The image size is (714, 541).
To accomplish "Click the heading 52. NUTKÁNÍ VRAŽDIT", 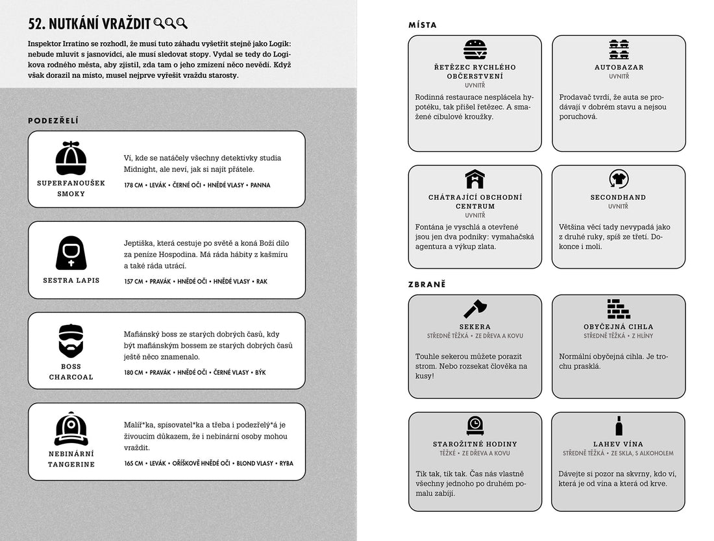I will click(x=90, y=24).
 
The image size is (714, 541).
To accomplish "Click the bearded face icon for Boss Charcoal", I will click(x=71, y=341).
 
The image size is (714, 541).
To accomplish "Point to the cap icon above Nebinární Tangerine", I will click(x=71, y=429).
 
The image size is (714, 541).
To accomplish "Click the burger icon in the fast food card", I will click(x=475, y=50).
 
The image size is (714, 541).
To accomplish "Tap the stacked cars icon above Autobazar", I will click(x=619, y=50).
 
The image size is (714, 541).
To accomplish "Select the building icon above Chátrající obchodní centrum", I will click(x=475, y=179).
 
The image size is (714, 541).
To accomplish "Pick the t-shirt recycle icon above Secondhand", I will click(x=619, y=179).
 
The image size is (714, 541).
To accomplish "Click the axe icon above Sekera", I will click(x=475, y=308).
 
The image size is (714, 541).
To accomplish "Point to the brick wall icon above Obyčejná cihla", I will click(x=619, y=308).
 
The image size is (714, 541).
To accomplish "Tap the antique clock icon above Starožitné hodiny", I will click(x=475, y=426).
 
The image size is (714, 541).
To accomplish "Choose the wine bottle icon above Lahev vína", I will click(x=619, y=426).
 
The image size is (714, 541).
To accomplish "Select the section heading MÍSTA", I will click(x=423, y=25).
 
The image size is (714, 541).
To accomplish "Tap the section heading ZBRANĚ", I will click(x=427, y=284).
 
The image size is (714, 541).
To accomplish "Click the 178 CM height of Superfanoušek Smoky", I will click(x=132, y=186).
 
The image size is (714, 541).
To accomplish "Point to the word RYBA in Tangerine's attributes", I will click(x=286, y=464).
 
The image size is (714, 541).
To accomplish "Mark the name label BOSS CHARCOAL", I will click(x=71, y=372).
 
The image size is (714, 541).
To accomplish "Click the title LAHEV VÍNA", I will click(x=619, y=444).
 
